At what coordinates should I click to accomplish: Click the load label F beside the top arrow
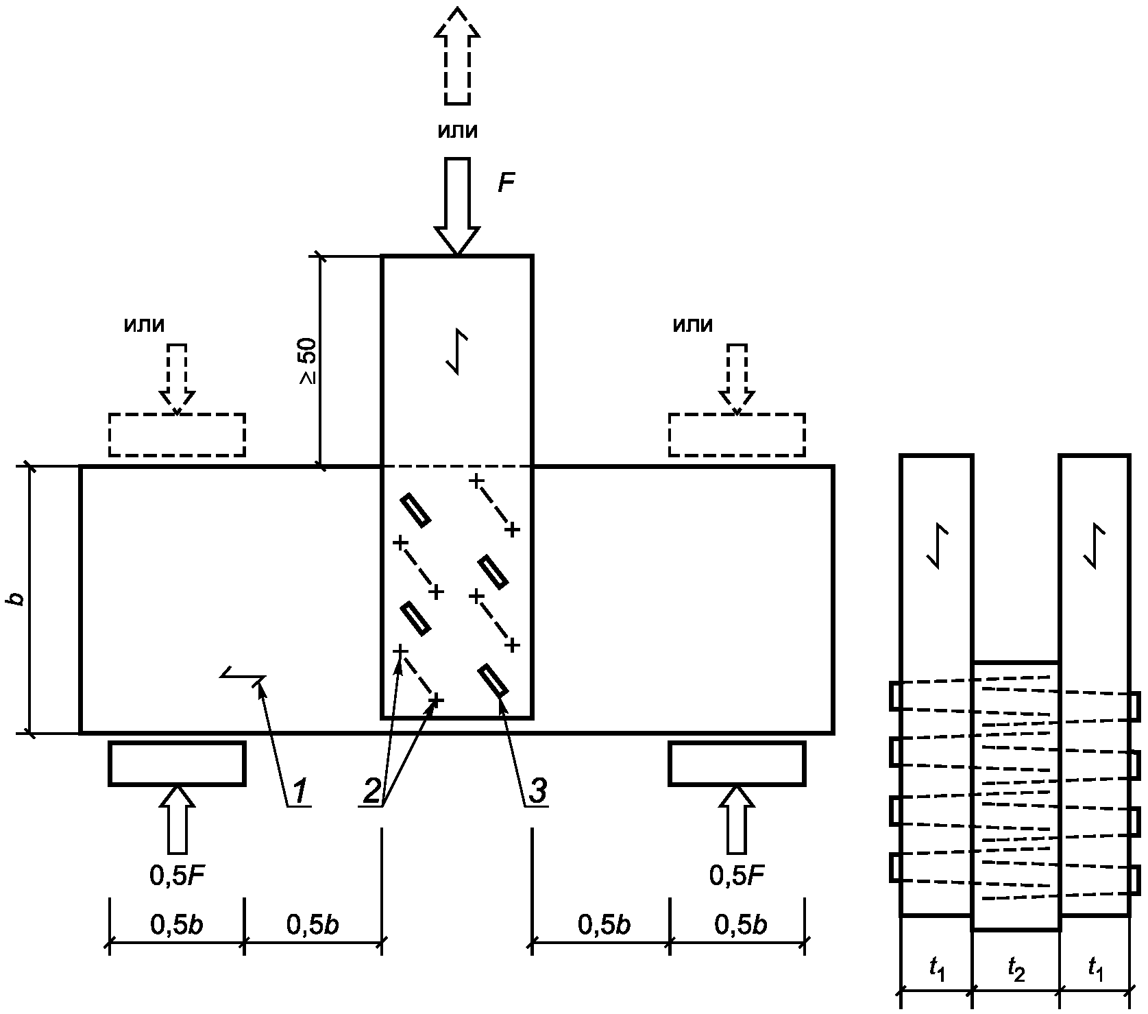pyautogui.click(x=506, y=183)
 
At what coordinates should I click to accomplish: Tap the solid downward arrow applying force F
pyautogui.click(x=457, y=206)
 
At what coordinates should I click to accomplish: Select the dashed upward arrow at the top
pyautogui.click(x=457, y=55)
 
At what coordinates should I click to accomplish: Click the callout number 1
pyautogui.click(x=300, y=792)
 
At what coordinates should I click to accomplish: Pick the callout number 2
pyautogui.click(x=371, y=792)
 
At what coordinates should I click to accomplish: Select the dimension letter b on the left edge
pyautogui.click(x=17, y=599)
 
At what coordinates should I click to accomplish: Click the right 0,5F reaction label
pyautogui.click(x=737, y=876)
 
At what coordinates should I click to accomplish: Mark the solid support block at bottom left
pyautogui.click(x=177, y=763)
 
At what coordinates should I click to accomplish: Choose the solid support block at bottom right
pyautogui.click(x=737, y=763)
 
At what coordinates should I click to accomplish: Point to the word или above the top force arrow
pyautogui.click(x=457, y=131)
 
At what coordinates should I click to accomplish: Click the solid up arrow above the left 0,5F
pyautogui.click(x=177, y=819)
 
